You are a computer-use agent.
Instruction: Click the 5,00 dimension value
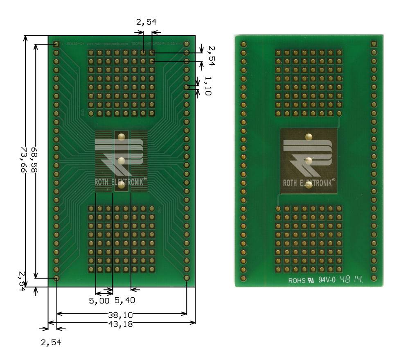99,301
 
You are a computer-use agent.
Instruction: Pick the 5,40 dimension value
125,301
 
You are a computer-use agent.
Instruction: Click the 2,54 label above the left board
146,22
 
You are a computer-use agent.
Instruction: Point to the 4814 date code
353,281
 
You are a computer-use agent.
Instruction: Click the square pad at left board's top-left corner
56,44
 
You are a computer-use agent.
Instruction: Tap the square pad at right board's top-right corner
373,44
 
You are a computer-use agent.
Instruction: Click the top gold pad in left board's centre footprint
121,136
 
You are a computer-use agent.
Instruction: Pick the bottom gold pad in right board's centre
309,185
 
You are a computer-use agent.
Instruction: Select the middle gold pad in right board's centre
309,160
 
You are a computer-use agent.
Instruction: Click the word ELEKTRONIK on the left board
128,183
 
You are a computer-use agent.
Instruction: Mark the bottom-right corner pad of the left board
187,278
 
